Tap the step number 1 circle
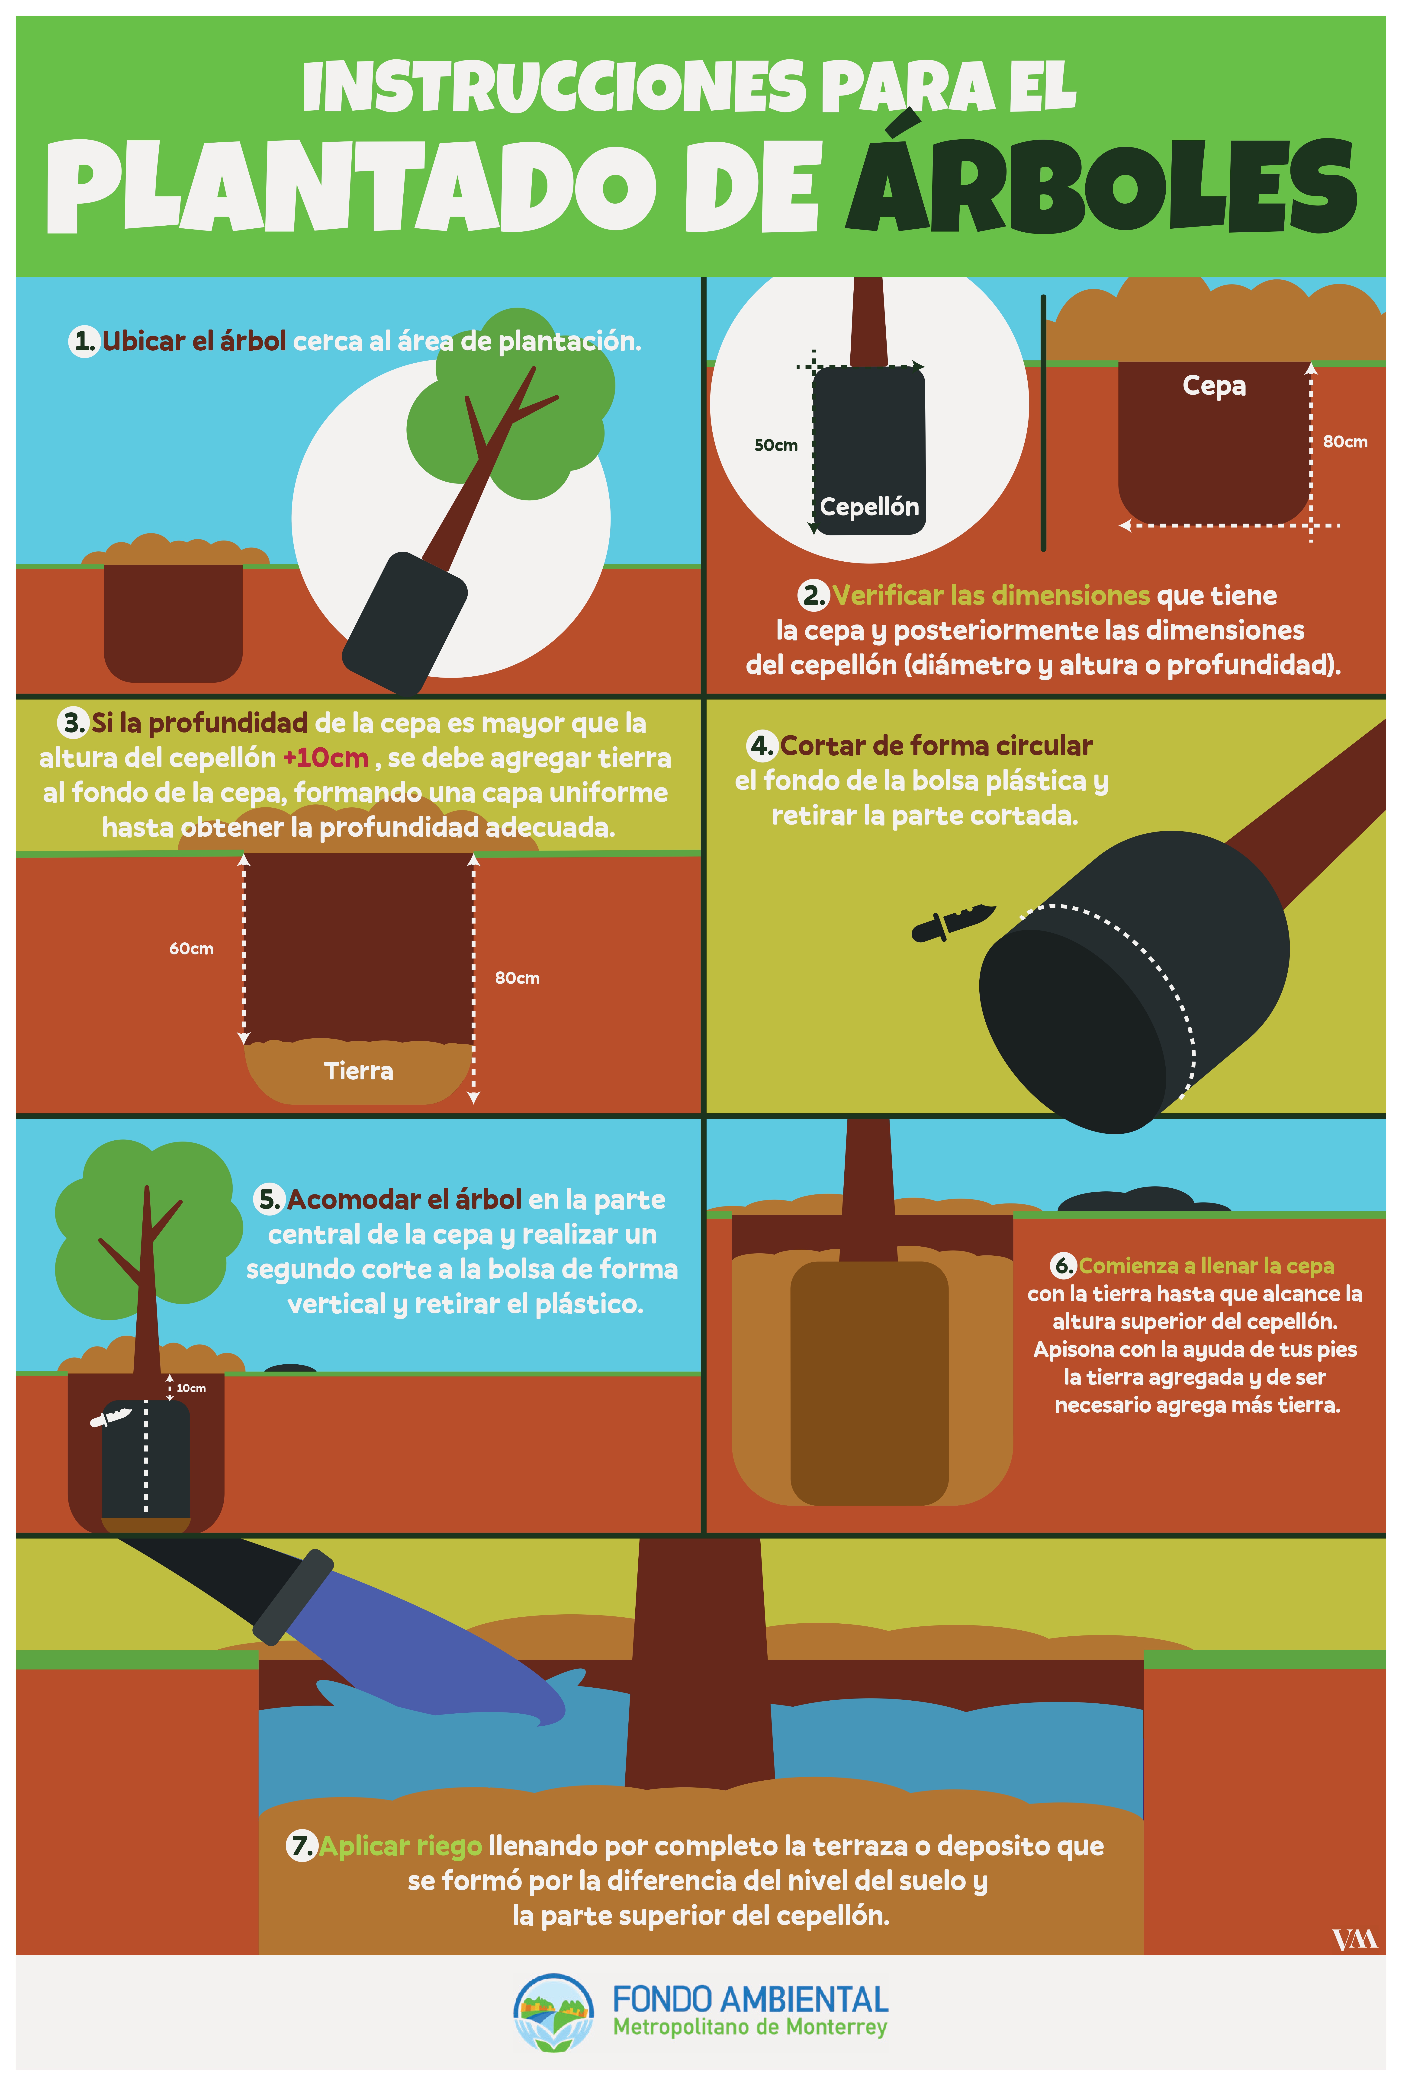coord(84,341)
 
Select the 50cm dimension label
coord(775,445)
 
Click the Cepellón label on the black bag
coord(869,507)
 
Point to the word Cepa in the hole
coord(1213,386)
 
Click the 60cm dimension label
coord(191,948)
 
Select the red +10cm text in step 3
coord(325,758)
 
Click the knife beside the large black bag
coord(953,922)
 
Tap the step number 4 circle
coord(762,745)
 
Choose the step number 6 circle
coord(1063,1266)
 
